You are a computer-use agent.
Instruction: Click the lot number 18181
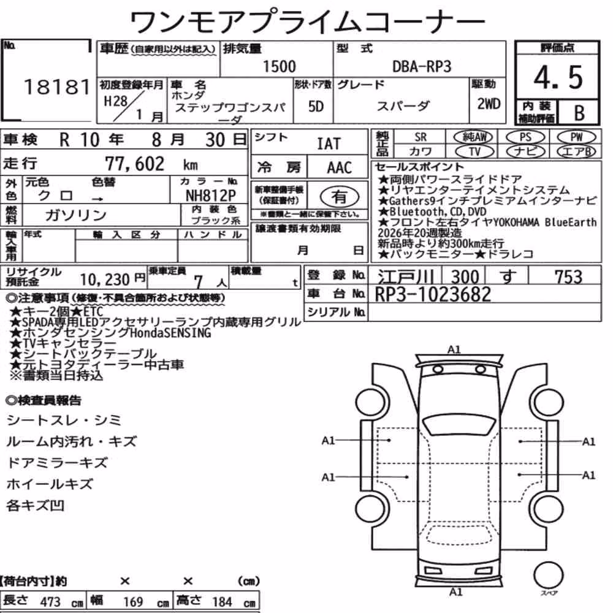[x=57, y=87]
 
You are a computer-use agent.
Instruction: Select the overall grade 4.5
[x=558, y=77]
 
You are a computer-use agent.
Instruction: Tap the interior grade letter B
[x=579, y=113]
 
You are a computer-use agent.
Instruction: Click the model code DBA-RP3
[x=422, y=67]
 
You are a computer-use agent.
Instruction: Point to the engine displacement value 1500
[x=279, y=66]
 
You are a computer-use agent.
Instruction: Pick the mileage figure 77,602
[x=135, y=164]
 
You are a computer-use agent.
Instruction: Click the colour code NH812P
[x=211, y=196]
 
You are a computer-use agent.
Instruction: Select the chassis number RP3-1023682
[x=433, y=294]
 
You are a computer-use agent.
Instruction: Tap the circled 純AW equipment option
[x=474, y=137]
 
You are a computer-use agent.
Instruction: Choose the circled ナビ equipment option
[x=525, y=151]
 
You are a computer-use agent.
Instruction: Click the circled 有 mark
[x=340, y=197]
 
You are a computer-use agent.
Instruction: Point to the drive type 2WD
[x=489, y=104]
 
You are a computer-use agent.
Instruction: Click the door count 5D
[x=316, y=106]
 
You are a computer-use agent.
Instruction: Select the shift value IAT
[x=329, y=144]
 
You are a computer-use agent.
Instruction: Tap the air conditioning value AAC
[x=339, y=168]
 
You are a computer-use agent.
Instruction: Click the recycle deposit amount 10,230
[x=105, y=280]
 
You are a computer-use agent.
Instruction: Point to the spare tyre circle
[x=548, y=575]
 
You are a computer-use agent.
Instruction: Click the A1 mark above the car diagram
[x=454, y=349]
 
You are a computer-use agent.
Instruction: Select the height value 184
[x=222, y=601]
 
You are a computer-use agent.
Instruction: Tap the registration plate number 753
[x=568, y=277]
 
